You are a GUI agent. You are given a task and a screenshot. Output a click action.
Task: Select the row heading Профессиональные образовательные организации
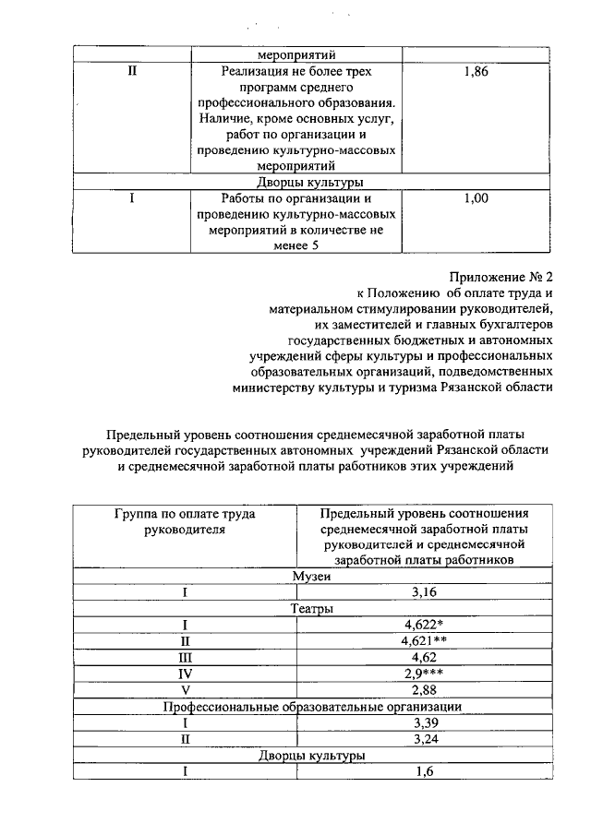pos(312,706)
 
